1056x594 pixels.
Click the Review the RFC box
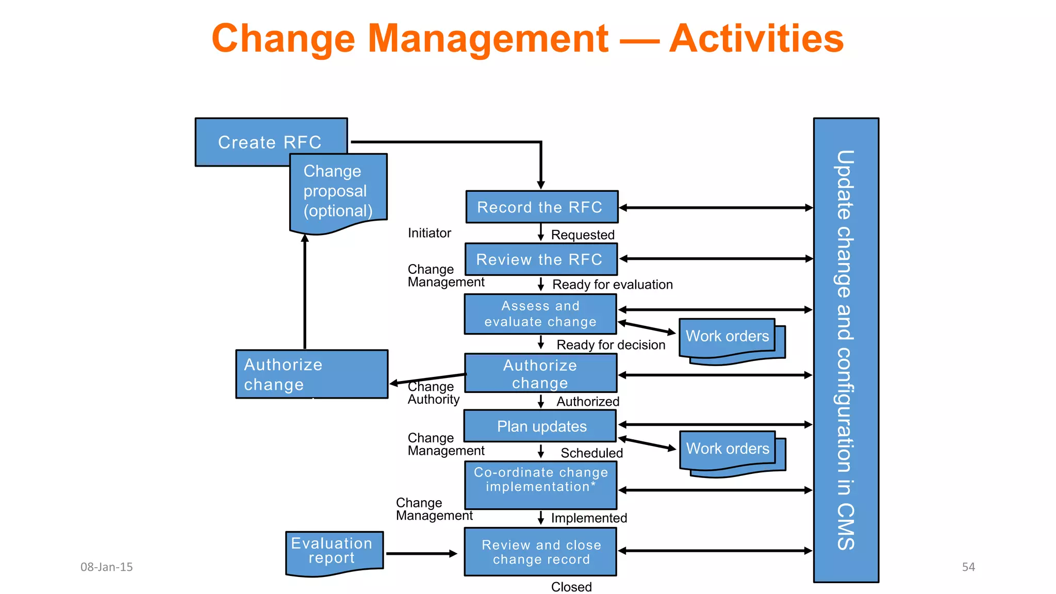tap(541, 259)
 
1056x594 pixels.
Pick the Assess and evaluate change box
tap(540, 314)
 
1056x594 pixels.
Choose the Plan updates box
tap(540, 426)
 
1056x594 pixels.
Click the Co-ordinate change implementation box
tap(540, 485)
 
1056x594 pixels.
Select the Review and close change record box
tap(540, 552)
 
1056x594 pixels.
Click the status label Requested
tap(583, 235)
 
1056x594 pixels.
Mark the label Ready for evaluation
tap(612, 285)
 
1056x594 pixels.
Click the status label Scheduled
tap(591, 453)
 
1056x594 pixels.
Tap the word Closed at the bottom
tap(571, 587)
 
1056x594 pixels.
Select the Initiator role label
tap(429, 233)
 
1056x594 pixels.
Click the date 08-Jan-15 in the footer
tap(107, 567)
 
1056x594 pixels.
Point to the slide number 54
tap(968, 567)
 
